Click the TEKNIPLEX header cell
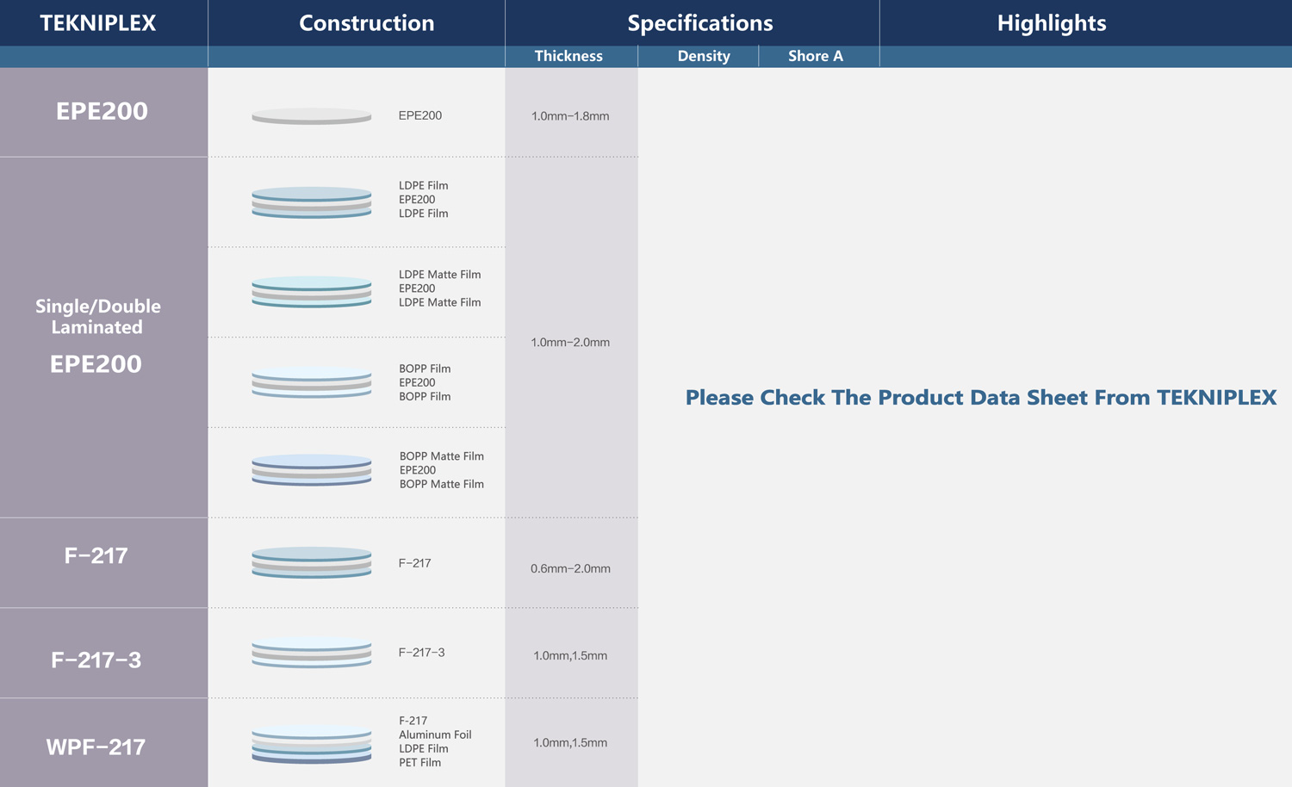tap(98, 23)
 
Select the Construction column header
tap(366, 23)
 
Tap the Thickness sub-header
tap(568, 56)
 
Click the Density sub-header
tap(704, 56)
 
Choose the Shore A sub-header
tap(816, 56)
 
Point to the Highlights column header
tap(1052, 23)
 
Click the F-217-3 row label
tap(96, 660)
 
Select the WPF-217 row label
tap(96, 747)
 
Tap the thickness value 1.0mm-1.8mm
tap(570, 116)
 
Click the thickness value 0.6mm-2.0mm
tap(570, 568)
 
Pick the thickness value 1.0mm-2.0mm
tap(570, 343)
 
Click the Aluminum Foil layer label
tap(435, 734)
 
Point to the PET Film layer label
tap(420, 762)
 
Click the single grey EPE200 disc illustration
tap(312, 116)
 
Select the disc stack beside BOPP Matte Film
tap(312, 470)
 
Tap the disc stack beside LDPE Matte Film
tap(312, 292)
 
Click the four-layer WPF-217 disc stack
tap(312, 745)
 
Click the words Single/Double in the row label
tap(98, 307)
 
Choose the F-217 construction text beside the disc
tap(414, 563)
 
